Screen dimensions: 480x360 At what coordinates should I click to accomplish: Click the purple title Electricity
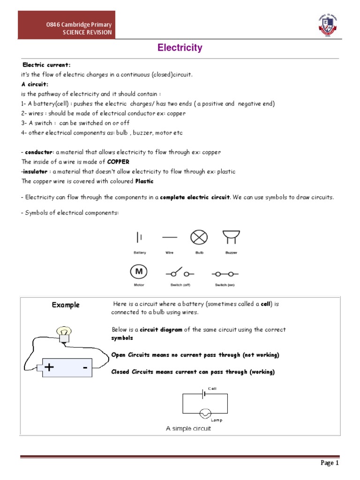click(x=180, y=48)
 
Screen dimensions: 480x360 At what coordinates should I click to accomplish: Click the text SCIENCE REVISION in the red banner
click(x=89, y=32)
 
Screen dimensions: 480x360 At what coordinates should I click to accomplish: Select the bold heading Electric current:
click(x=46, y=65)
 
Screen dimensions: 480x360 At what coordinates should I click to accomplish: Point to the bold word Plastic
click(x=144, y=181)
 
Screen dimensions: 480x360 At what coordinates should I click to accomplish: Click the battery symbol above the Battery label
click(x=139, y=238)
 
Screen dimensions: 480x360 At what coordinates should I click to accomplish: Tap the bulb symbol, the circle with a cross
click(x=199, y=238)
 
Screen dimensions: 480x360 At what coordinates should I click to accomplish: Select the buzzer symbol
click(x=230, y=238)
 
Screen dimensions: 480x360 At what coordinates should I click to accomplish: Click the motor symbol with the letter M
click(x=139, y=272)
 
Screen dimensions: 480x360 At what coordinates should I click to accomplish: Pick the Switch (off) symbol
click(x=177, y=273)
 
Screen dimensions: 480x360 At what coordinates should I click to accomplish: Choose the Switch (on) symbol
click(x=225, y=273)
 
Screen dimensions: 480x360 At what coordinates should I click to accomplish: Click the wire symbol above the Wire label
click(x=169, y=238)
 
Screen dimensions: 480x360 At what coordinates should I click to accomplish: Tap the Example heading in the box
click(x=66, y=305)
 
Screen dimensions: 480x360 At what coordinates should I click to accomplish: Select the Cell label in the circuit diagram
click(x=212, y=389)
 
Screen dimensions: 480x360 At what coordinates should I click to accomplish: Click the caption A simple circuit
click(x=188, y=428)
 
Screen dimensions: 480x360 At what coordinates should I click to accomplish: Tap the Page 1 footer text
click(x=330, y=463)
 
